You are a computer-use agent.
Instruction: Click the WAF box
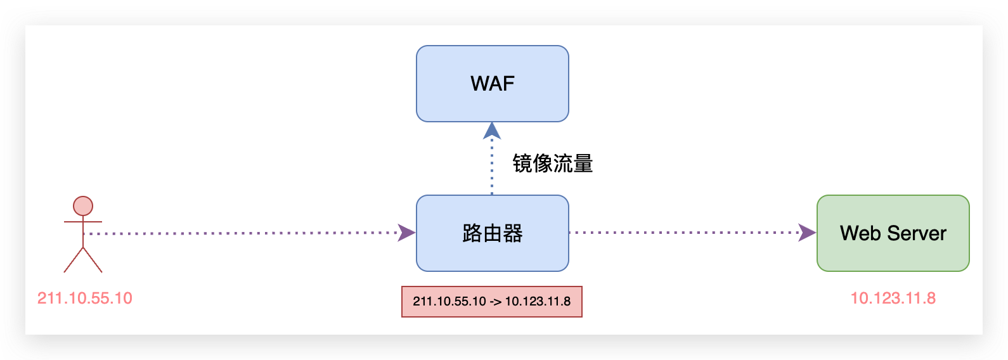click(493, 84)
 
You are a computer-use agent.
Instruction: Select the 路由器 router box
click(493, 233)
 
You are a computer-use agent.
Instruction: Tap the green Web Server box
click(893, 233)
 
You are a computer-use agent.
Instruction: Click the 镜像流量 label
click(553, 164)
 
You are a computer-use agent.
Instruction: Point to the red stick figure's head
click(83, 206)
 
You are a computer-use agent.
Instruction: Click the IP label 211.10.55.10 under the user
click(84, 299)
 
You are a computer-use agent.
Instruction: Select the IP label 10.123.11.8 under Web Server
click(893, 299)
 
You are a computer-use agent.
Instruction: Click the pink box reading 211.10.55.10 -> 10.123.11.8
click(492, 302)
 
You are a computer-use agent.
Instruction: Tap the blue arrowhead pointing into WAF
click(492, 131)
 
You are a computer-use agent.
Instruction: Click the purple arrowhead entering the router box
click(407, 233)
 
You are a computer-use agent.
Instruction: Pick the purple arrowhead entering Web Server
click(807, 233)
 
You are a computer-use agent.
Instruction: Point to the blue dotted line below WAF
click(492, 167)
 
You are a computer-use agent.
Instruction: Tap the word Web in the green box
click(860, 233)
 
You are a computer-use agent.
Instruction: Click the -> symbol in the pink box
click(496, 302)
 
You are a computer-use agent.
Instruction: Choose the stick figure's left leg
click(74, 260)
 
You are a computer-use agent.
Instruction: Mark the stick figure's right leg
click(93, 260)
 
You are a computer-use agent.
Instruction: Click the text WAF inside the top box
click(493, 84)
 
